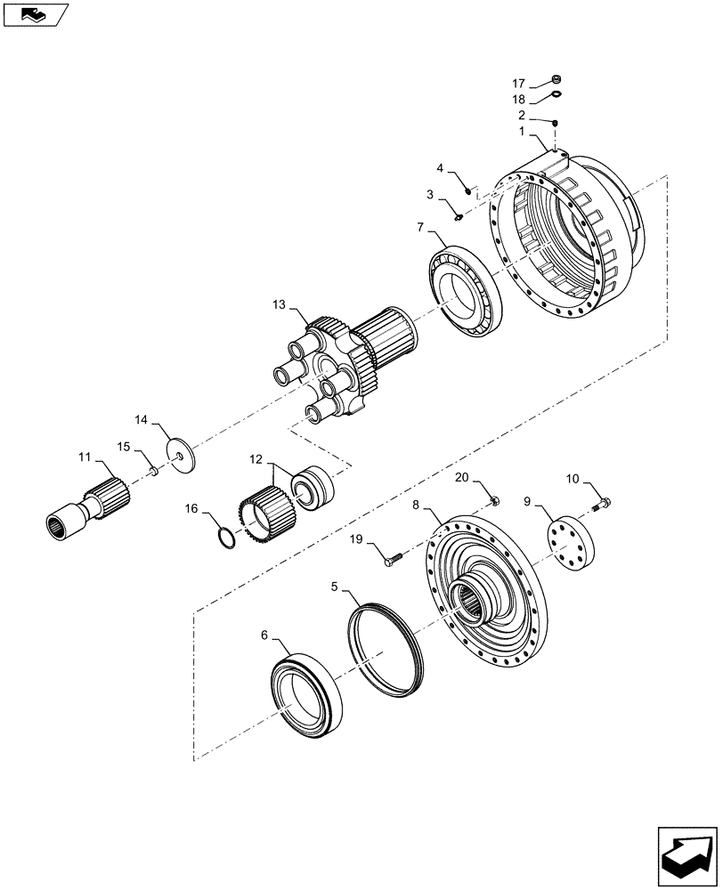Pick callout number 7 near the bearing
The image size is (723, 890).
point(420,228)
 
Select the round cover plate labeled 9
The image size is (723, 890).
point(568,541)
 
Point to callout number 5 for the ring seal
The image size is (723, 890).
point(336,587)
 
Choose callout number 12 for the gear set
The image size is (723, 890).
point(256,460)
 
